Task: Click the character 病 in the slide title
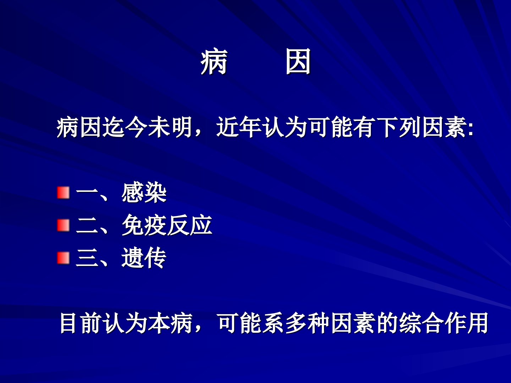point(214,62)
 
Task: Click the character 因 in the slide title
point(298,62)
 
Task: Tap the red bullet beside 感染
point(63,193)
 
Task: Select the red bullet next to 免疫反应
point(63,225)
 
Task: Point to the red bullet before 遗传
point(63,258)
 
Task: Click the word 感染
point(144,193)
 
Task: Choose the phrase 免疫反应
point(167,225)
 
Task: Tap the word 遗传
point(144,258)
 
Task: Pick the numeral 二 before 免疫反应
point(87,226)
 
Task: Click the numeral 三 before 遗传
point(87,258)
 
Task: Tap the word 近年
point(239,127)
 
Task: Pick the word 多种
point(308,323)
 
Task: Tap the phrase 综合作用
point(444,323)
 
